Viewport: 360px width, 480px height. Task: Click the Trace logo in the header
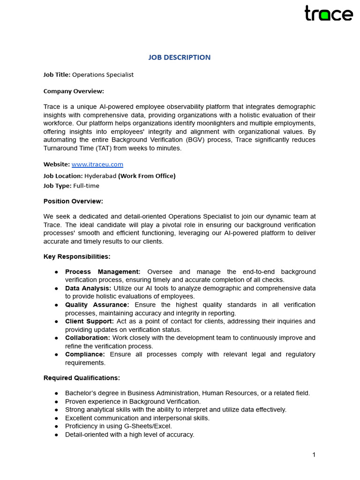(329, 14)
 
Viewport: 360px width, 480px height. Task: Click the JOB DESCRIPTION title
(180, 57)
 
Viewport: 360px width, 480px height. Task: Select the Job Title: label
(57, 75)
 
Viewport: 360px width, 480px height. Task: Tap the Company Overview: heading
(74, 91)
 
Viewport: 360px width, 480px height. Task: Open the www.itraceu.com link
(97, 165)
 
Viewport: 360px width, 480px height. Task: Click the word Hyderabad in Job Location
(100, 176)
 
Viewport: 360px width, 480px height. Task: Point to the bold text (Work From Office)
(147, 176)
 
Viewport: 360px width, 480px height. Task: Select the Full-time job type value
(86, 186)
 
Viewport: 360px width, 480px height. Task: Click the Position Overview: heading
(73, 201)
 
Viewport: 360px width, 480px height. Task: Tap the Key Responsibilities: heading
(77, 256)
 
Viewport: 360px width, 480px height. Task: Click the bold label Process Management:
(103, 272)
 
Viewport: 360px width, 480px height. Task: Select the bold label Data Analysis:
(88, 288)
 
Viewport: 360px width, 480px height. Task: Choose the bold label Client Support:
(90, 321)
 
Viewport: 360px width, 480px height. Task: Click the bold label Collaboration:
(88, 337)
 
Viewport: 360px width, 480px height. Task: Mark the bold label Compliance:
(85, 354)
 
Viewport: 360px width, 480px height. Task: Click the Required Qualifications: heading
(82, 378)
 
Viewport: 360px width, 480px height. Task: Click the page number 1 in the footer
(314, 455)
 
